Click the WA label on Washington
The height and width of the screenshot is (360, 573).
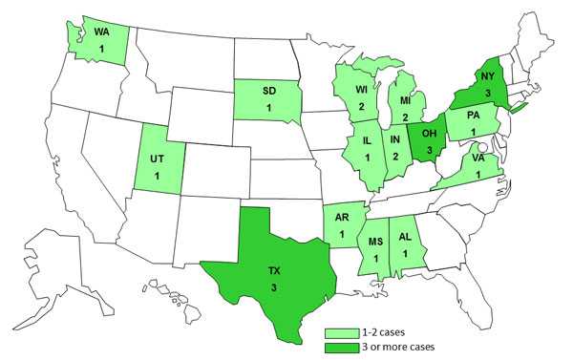coord(100,32)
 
